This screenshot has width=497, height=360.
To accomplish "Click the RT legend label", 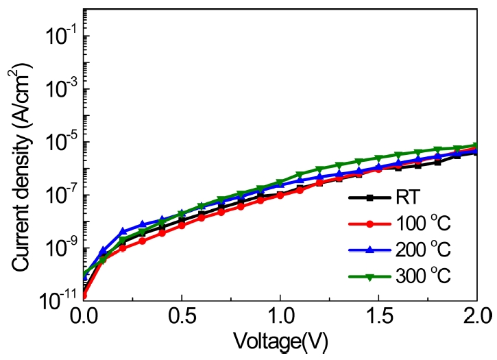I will [407, 201].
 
